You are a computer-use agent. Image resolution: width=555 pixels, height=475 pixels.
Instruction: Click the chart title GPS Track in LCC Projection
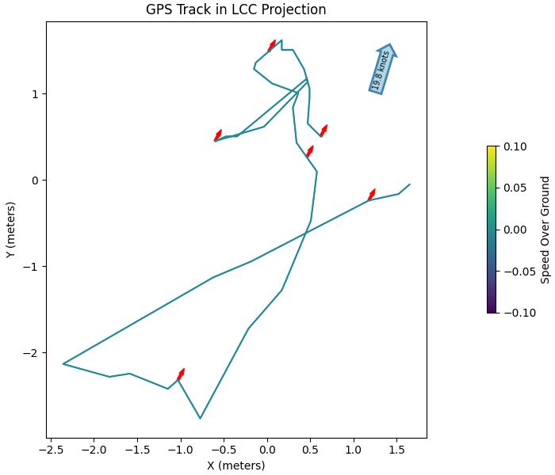click(236, 9)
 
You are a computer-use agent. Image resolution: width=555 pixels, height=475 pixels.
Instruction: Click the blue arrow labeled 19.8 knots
click(383, 69)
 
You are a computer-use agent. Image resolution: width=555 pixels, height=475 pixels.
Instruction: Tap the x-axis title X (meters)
click(236, 465)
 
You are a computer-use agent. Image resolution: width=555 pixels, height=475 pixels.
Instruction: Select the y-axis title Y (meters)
click(10, 230)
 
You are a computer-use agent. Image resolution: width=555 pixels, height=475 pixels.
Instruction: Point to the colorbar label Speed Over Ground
click(545, 230)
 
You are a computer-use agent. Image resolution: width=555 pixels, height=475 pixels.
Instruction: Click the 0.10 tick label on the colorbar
click(515, 146)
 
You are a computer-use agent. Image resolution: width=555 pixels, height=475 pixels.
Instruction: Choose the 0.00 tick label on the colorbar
click(515, 230)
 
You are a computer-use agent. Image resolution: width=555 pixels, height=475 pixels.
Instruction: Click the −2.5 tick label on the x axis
click(50, 450)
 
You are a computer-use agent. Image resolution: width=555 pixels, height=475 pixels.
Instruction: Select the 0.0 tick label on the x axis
click(267, 450)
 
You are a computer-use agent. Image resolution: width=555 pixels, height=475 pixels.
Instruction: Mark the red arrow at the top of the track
click(272, 45)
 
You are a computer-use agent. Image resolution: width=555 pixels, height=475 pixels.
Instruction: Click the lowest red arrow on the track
click(181, 374)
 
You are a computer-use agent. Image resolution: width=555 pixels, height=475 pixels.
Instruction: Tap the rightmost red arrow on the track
click(371, 195)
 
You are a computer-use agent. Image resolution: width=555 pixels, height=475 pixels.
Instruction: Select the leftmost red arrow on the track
click(217, 135)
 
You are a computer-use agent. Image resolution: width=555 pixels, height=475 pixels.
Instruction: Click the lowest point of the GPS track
click(201, 418)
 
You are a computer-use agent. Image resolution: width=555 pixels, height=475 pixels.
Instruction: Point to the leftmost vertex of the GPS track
click(63, 364)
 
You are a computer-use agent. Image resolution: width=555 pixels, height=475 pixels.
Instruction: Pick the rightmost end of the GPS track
click(409, 184)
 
